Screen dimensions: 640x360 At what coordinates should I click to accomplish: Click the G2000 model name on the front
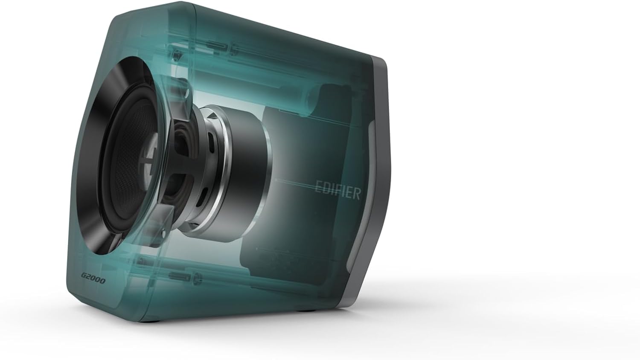[x=93, y=281]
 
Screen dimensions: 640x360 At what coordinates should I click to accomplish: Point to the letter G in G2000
[x=84, y=279]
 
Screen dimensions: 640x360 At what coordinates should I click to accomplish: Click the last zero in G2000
[x=102, y=282]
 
